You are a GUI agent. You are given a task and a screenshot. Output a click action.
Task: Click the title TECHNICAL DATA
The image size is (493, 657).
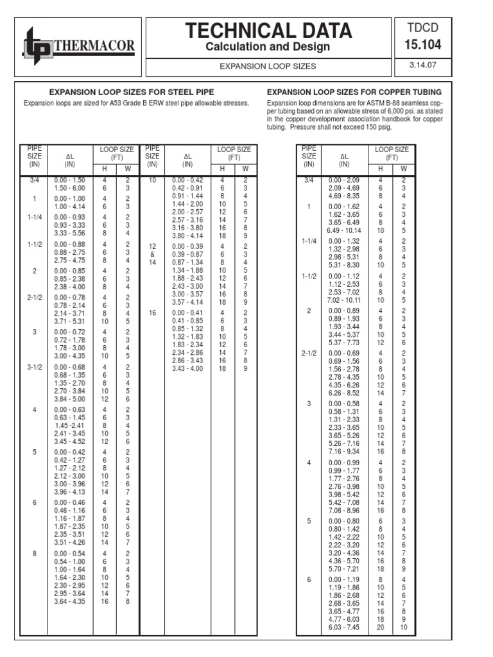coord(268,30)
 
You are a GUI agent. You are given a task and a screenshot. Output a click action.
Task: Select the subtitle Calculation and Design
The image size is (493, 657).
coord(268,47)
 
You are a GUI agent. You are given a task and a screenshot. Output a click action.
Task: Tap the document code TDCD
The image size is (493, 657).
coord(422,28)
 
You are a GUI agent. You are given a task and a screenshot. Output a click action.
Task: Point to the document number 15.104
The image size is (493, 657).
coord(422,45)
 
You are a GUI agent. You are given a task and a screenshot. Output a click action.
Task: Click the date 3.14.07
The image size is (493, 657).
coord(422,65)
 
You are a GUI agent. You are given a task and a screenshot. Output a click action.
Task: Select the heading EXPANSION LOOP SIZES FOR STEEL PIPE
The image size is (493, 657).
coord(132,92)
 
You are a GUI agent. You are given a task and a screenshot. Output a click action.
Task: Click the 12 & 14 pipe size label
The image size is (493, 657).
coord(152,255)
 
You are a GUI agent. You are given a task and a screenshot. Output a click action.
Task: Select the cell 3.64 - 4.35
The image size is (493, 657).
coord(70,601)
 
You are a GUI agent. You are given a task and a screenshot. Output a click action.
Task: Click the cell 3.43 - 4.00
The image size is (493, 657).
coord(187,368)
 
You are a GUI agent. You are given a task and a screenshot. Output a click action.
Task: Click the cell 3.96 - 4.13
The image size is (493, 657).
coord(70,492)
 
